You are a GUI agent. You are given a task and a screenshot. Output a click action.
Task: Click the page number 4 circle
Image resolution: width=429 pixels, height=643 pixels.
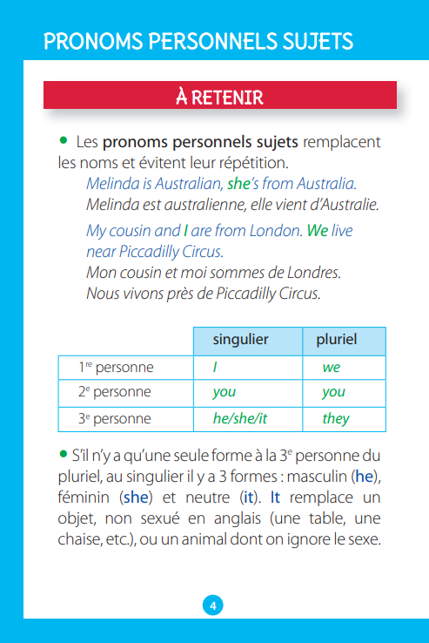[x=213, y=606]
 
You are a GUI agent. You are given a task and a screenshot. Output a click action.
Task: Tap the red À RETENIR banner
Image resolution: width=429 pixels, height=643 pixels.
[x=219, y=96]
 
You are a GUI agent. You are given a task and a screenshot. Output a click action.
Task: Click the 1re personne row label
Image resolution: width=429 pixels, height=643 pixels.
[x=115, y=367]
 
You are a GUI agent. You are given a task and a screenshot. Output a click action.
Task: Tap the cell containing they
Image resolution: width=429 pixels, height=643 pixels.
[x=336, y=418]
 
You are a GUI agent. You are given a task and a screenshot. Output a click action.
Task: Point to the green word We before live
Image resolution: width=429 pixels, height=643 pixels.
[x=318, y=232]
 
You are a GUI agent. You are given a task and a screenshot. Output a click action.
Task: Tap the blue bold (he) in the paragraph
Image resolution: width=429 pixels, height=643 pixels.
[x=365, y=477]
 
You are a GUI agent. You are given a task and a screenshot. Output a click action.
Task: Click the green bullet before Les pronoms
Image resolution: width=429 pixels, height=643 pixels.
[x=63, y=139]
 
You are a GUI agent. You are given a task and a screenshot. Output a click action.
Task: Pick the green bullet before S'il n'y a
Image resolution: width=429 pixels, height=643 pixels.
[x=63, y=455]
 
